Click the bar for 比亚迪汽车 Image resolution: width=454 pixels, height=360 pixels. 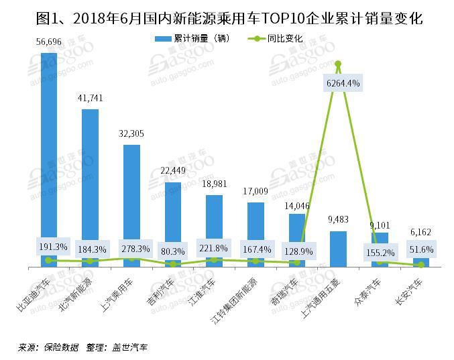point(49,154)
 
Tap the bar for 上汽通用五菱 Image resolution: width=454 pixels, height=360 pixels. point(339,249)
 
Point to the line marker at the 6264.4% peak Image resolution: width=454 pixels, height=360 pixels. point(339,64)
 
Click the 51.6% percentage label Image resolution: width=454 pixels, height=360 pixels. point(421,249)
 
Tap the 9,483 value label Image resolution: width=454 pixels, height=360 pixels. point(339,219)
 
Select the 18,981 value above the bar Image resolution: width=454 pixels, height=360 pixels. point(215,183)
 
